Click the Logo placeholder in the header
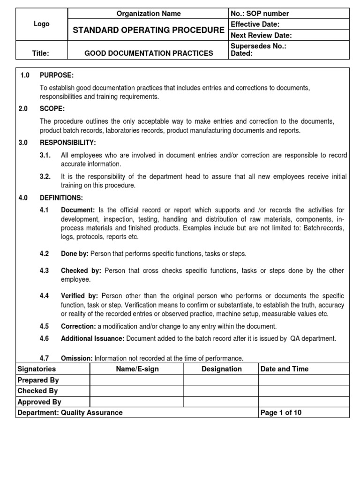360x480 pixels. [x=41, y=24]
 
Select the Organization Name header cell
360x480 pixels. [x=148, y=14]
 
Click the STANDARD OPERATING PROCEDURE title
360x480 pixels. [x=148, y=30]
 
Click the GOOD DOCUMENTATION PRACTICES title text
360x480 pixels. [x=148, y=53]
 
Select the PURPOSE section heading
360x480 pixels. [x=56, y=75]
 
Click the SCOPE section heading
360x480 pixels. [x=52, y=108]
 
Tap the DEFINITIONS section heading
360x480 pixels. [x=61, y=198]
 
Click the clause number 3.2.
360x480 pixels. [x=45, y=177]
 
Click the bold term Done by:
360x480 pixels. [x=75, y=254]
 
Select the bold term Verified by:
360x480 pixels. [x=79, y=296]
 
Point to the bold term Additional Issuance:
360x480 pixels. [x=92, y=338]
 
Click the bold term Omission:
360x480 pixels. [x=77, y=358]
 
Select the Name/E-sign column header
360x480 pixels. [x=137, y=369]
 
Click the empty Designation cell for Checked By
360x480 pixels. [x=221, y=390]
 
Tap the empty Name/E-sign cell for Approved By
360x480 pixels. [x=137, y=402]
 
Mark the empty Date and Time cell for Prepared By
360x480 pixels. [x=304, y=380]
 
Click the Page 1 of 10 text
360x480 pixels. [x=281, y=412]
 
